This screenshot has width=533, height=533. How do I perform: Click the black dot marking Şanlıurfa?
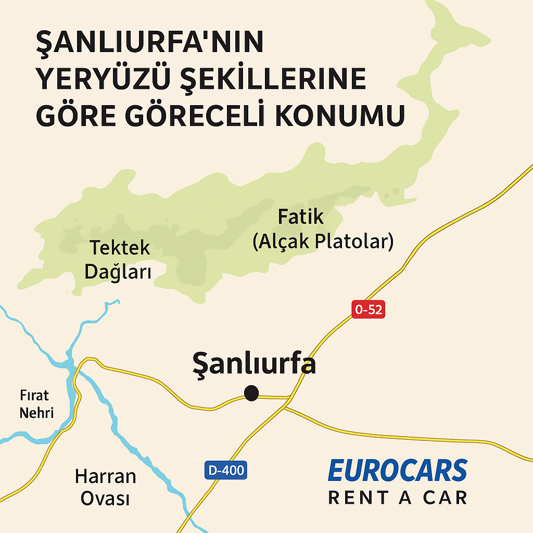click(251, 393)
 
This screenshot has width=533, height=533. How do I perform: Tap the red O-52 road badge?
click(369, 310)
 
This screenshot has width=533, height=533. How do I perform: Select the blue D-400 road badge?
click(225, 471)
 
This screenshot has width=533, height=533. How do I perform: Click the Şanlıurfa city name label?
click(254, 363)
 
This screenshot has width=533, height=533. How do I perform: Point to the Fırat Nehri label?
click(36, 404)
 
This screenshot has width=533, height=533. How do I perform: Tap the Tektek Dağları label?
click(119, 259)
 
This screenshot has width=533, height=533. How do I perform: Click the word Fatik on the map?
click(301, 216)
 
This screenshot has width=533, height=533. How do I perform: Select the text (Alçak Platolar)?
click(323, 242)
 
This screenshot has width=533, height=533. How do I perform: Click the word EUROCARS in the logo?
click(397, 471)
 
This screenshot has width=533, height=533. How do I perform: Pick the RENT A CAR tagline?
click(397, 498)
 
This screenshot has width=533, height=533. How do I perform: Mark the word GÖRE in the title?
click(74, 116)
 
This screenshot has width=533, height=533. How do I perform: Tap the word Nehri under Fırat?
click(36, 413)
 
